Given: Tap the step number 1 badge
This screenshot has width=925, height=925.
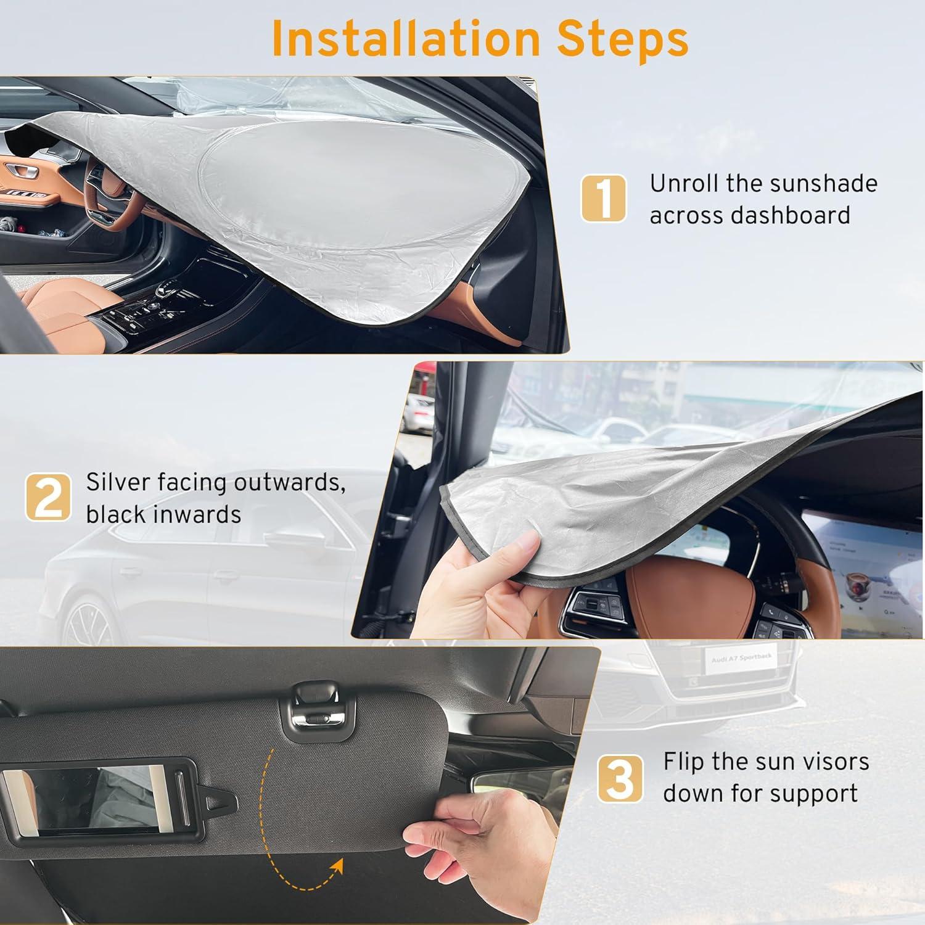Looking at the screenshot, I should [x=604, y=198].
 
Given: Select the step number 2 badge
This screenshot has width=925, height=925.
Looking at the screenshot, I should [x=48, y=497].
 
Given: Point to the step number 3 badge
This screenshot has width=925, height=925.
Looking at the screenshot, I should [x=620, y=778].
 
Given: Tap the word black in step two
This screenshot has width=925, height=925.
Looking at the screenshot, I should [x=116, y=514].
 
